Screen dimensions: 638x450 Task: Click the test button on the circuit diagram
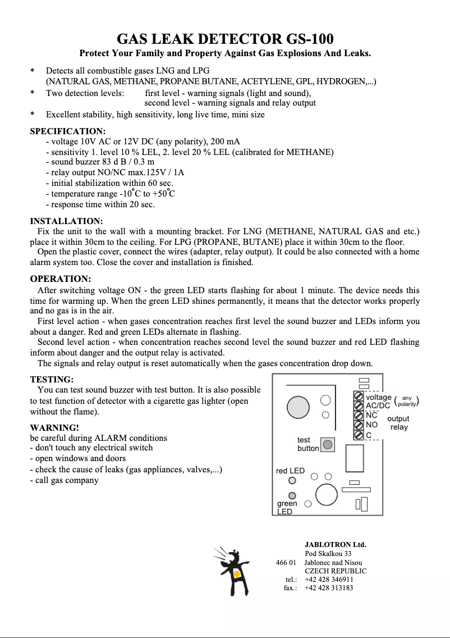coord(328,444)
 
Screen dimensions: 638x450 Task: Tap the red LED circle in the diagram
coord(292,480)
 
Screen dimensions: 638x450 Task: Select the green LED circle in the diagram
coord(292,495)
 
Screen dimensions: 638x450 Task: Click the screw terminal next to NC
coord(359,416)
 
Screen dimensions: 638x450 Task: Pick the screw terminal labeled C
coord(359,435)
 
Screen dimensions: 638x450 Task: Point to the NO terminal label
coord(371,425)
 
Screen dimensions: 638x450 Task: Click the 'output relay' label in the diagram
coord(398,423)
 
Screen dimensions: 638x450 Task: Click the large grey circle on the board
coord(297,405)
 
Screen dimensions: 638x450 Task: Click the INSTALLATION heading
coord(66,221)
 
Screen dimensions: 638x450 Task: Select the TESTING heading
coord(52,379)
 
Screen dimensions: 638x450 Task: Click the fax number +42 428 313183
coord(329,588)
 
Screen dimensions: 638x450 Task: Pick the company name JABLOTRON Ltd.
coord(335,544)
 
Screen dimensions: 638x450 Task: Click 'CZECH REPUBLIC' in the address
coord(336,571)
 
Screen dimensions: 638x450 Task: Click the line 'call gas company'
coord(67,480)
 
